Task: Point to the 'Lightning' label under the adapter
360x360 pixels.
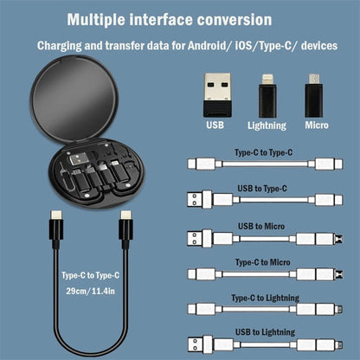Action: (267, 125)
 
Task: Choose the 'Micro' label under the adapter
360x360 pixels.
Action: (317, 125)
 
